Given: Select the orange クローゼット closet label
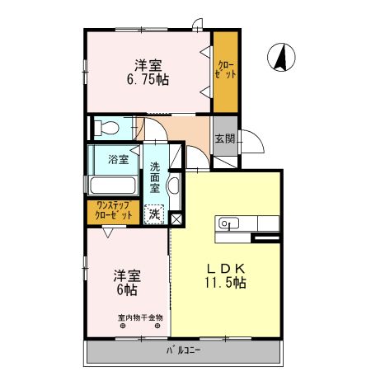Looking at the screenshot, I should (225, 70).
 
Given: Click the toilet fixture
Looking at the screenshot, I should (102, 129).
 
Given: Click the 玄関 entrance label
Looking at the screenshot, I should (225, 138).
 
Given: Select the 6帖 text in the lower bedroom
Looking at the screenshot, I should (125, 290).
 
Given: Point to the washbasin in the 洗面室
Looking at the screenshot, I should (173, 185).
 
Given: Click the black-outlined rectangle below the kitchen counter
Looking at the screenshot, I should (265, 238).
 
